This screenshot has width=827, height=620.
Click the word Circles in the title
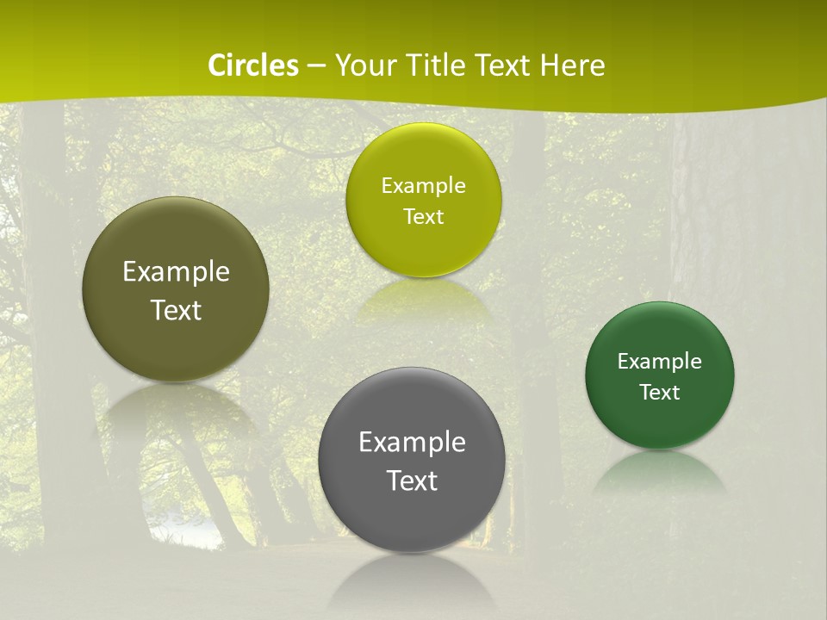pyautogui.click(x=252, y=65)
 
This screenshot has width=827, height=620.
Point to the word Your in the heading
pyautogui.click(x=364, y=65)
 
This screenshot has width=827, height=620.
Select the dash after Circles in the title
pyautogui.click(x=316, y=66)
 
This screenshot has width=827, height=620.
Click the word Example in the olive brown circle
pyautogui.click(x=176, y=272)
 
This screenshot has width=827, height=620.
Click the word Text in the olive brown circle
pyautogui.click(x=176, y=310)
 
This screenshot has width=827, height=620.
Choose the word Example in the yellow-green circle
pyautogui.click(x=423, y=185)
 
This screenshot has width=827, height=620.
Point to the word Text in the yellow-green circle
pyautogui.click(x=423, y=216)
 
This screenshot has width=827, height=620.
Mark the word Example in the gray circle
pyautogui.click(x=412, y=443)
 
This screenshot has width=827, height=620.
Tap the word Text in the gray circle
pyautogui.click(x=412, y=480)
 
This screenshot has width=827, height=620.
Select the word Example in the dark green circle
pyautogui.click(x=660, y=361)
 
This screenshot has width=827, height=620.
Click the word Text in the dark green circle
pyautogui.click(x=660, y=392)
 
